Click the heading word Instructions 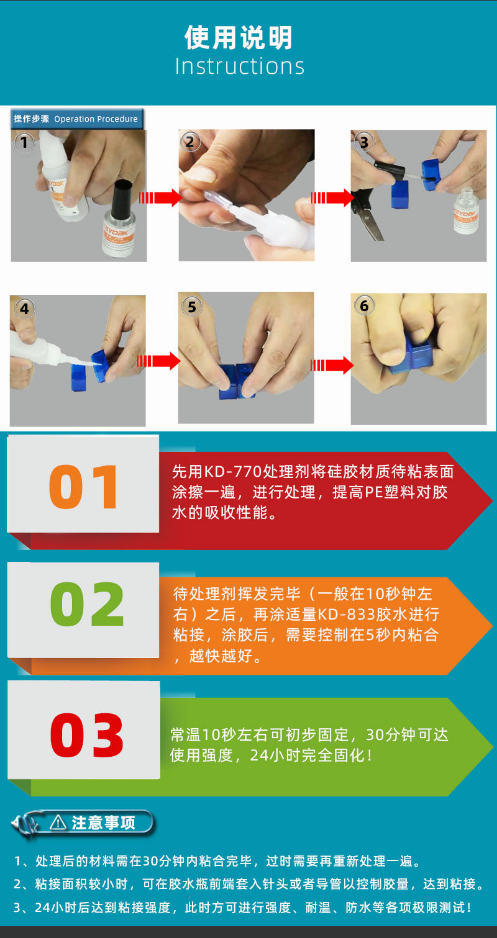pos(240,66)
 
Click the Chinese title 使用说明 pos(239,38)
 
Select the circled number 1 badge pos(24,143)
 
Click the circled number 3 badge pos(364,142)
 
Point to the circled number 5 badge pos(191,307)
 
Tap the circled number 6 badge pos(364,305)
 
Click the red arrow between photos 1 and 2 pos(160,197)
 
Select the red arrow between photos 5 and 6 pos(332,365)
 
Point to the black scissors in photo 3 pos(367,214)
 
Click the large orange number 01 pos(84,487)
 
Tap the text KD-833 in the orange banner pos(347,615)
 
